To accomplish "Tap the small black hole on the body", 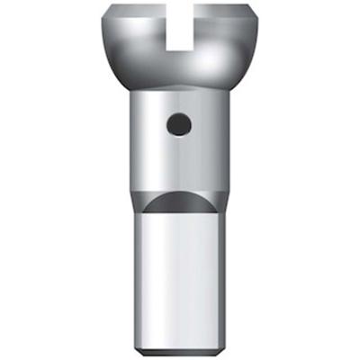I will [179, 123].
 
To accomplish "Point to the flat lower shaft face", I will [179, 279].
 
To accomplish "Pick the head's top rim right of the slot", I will [225, 11].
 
